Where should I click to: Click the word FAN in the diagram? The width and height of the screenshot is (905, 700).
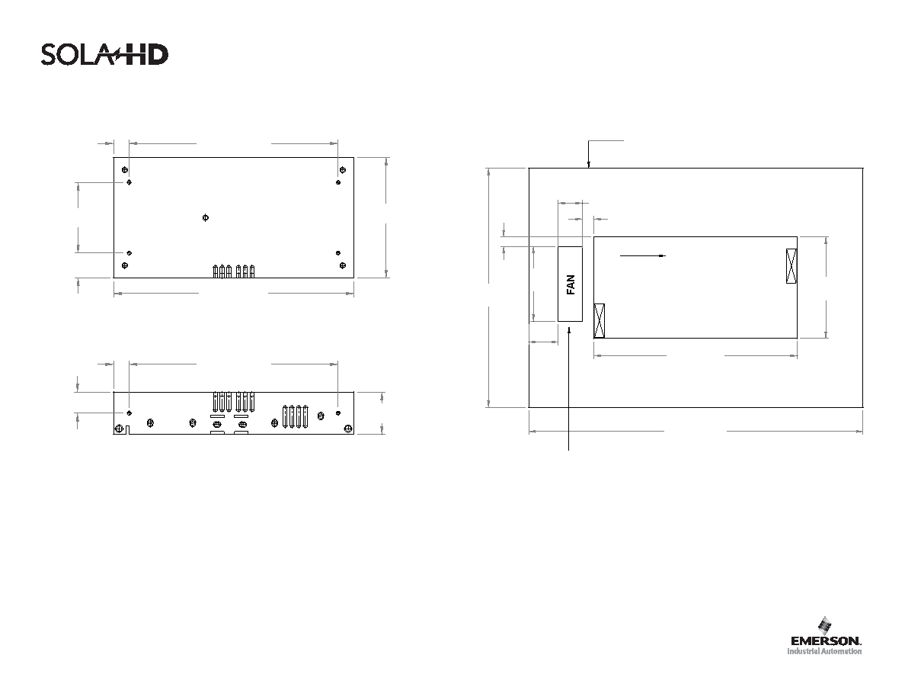(x=571, y=284)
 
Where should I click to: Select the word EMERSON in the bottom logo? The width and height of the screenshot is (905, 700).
(x=826, y=641)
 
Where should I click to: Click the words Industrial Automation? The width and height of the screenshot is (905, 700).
(x=825, y=651)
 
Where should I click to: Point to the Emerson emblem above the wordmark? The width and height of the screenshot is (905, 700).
(x=825, y=625)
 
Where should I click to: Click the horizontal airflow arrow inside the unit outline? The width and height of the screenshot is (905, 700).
(x=643, y=255)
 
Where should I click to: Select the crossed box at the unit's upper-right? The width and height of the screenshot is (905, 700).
(x=791, y=265)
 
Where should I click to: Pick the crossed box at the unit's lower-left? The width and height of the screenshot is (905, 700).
(x=600, y=320)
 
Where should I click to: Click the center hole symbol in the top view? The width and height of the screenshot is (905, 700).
(x=206, y=218)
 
